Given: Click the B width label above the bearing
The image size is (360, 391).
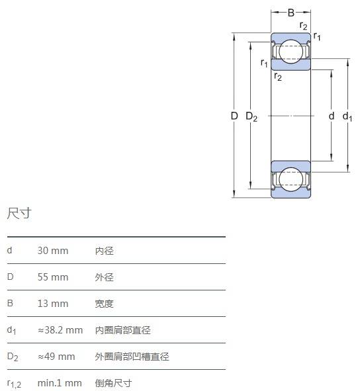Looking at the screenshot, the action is click(x=291, y=13).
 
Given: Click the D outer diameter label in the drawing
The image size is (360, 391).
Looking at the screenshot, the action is click(x=234, y=116).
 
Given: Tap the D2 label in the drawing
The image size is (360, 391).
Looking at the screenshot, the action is click(x=251, y=116).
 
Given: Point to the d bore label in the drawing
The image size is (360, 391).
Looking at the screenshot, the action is click(x=332, y=116).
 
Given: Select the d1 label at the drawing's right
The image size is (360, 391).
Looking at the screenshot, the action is click(x=347, y=116).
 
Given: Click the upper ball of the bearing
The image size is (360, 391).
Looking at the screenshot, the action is click(x=291, y=52).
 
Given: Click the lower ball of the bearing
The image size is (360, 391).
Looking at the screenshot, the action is click(x=291, y=179).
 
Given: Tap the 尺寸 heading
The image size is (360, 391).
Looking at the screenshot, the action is click(x=19, y=214).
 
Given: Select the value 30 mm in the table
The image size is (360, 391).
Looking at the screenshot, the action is click(x=53, y=251).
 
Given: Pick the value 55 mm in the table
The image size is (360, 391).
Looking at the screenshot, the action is click(x=53, y=277).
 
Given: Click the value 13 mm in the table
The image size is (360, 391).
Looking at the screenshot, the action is click(x=53, y=304).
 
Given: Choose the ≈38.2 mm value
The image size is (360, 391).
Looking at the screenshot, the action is click(x=60, y=330).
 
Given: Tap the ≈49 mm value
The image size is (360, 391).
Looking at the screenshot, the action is click(x=56, y=357).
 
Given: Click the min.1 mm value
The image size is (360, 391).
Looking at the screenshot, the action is click(x=60, y=383).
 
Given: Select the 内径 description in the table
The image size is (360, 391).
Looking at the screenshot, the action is click(x=105, y=251).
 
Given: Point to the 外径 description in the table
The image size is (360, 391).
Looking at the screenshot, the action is click(x=105, y=277).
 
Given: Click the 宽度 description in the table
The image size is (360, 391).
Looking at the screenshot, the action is click(x=105, y=304).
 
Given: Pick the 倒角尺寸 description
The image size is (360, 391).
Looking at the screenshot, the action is click(x=114, y=383).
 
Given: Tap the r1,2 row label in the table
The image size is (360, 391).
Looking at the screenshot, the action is click(x=14, y=384).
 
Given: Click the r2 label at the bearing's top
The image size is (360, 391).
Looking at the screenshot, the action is click(x=303, y=26).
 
